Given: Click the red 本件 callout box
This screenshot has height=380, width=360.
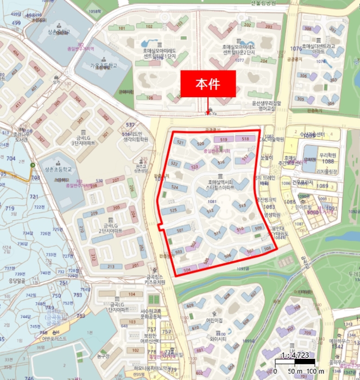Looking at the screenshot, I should [208, 84].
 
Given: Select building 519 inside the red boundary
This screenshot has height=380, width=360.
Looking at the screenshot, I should [223, 140].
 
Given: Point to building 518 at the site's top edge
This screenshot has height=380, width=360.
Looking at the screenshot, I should [245, 140].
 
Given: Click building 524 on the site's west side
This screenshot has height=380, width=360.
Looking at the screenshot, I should [175, 187].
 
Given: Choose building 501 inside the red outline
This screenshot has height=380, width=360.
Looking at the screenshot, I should [180, 230].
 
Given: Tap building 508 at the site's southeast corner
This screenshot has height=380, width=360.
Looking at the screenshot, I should [266, 248].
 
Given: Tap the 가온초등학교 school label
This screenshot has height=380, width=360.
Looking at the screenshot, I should [104, 66].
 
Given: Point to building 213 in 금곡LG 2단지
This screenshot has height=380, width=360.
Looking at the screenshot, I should [111, 267].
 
